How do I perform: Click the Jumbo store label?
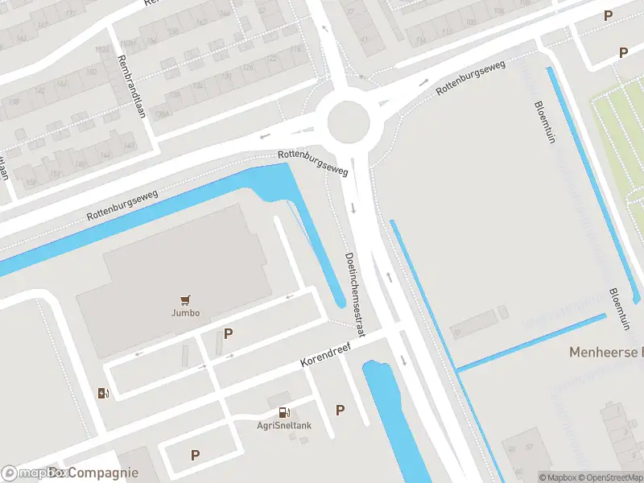click(x=185, y=313)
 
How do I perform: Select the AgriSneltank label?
click(x=284, y=427)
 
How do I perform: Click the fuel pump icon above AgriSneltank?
click(x=284, y=412)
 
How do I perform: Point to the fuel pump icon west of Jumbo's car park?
click(x=103, y=393)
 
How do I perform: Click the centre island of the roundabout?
click(x=349, y=122)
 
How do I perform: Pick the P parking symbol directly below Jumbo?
click(x=228, y=333)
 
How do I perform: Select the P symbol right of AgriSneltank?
click(x=340, y=411)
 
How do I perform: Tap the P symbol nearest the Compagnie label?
click(x=195, y=455)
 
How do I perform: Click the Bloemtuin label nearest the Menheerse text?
click(x=617, y=309)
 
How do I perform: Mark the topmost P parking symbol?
click(x=608, y=16)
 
